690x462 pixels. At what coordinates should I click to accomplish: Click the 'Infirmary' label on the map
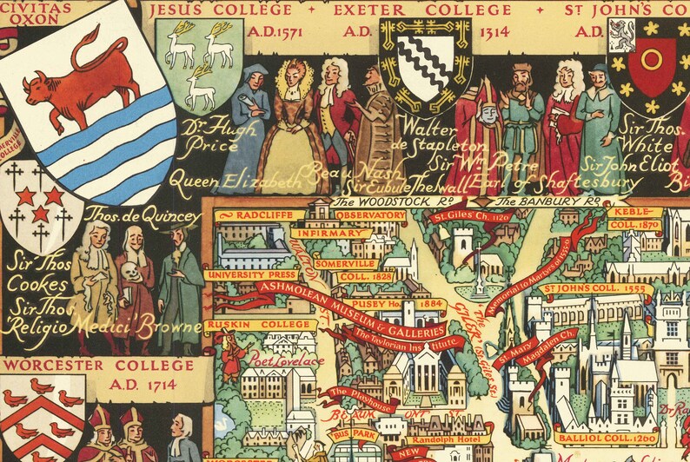point(331,233)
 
